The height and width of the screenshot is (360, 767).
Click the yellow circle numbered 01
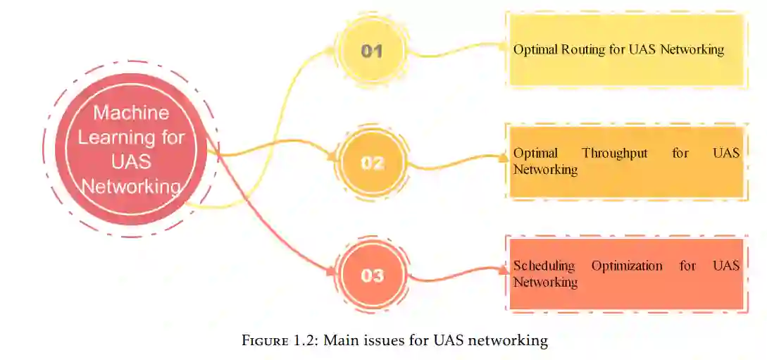371,51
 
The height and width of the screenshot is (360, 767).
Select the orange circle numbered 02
372,163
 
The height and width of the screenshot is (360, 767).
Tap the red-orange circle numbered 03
372,275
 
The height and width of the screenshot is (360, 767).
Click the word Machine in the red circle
131,113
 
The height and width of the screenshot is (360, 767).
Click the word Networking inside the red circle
131,187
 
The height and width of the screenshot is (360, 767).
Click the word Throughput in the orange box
614,153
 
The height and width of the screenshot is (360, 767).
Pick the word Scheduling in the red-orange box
544,266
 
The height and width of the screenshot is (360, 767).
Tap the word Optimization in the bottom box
627,266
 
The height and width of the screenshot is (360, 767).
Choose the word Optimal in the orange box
535,153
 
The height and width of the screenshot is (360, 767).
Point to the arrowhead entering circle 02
333,159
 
